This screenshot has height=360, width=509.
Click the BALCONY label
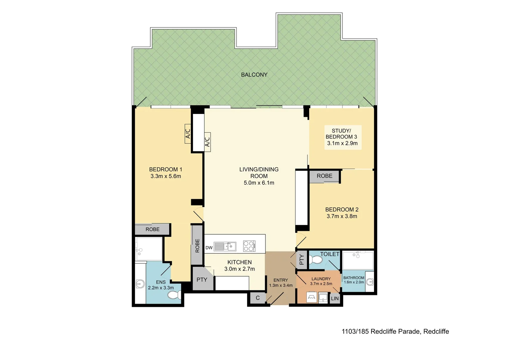coord(254,75)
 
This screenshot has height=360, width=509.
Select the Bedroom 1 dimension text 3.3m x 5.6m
coord(166,176)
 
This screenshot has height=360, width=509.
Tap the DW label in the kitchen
coord(209,248)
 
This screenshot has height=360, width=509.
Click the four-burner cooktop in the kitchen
coord(249,246)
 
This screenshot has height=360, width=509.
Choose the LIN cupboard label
coord(335,299)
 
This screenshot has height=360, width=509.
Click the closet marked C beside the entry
coord(257,298)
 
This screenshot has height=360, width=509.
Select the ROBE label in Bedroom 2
coord(324,176)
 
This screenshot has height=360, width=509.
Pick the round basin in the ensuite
coord(140,284)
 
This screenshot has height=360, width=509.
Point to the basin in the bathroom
coord(369,282)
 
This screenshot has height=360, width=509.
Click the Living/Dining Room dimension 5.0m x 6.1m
coord(259,183)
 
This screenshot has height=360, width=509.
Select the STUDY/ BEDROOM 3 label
coord(341,134)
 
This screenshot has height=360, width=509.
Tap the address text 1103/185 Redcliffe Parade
coord(395,331)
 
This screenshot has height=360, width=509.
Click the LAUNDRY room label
coord(321,279)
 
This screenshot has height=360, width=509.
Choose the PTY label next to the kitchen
coord(202,280)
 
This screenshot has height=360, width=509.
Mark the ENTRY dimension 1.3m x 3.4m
coord(281,285)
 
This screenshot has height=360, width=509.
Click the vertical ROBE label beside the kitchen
coord(197,245)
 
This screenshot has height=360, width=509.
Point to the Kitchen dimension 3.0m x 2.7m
coord(240,269)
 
